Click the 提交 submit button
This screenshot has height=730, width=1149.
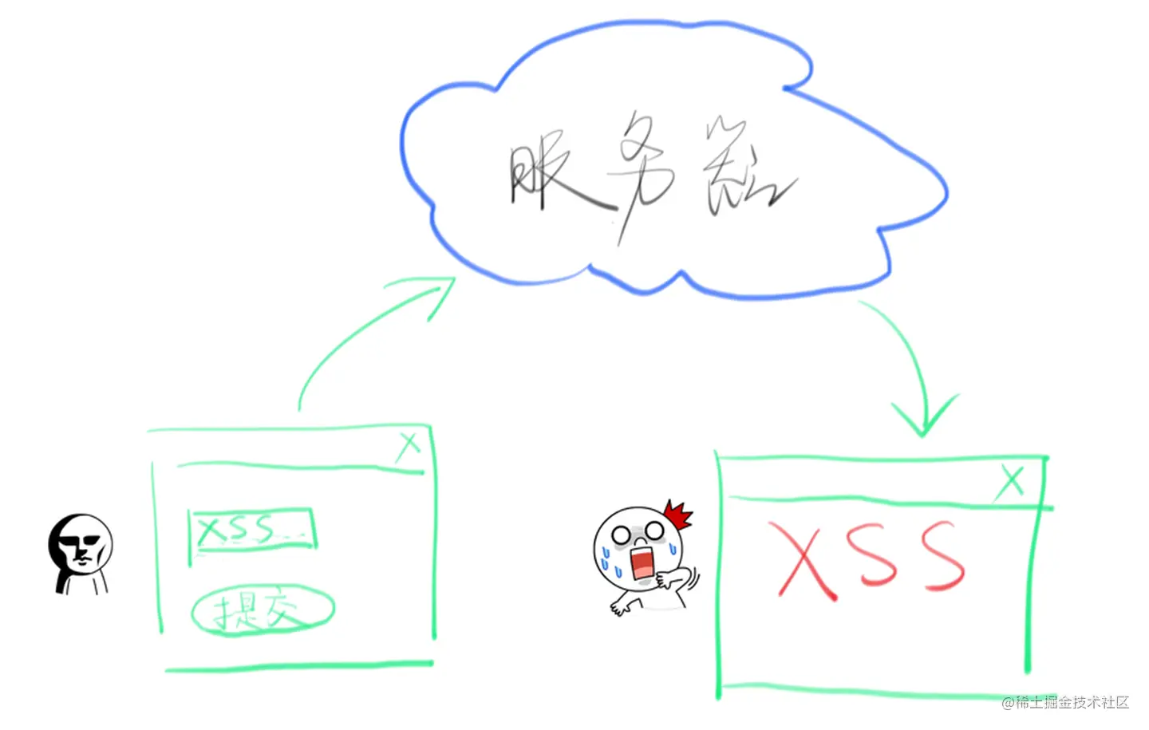(262, 612)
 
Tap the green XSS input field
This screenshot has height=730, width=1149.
(252, 529)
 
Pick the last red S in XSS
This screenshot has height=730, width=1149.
(942, 556)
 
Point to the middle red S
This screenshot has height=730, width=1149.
(872, 556)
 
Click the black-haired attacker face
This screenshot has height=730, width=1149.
(80, 547)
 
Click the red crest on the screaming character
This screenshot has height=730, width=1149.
(677, 515)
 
